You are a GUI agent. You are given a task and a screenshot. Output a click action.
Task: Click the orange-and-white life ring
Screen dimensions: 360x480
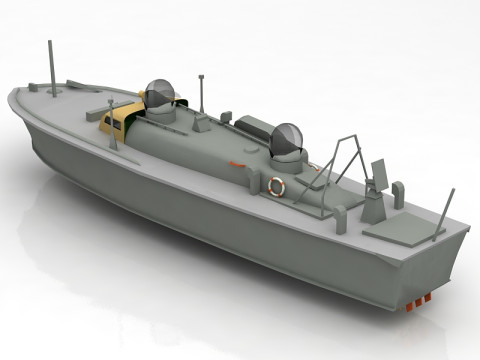277,186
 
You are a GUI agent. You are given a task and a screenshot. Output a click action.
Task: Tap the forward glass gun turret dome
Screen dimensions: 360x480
160,94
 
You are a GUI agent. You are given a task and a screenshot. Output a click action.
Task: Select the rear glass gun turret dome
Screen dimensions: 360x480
287,140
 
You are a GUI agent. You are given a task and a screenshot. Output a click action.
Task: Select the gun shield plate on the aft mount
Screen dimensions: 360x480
380,172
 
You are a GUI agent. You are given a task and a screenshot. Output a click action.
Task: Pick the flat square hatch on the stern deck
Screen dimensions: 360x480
403,231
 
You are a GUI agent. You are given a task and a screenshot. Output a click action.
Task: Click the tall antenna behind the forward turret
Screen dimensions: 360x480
202,91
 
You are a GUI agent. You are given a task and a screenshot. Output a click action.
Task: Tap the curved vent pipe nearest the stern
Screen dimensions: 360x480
398,192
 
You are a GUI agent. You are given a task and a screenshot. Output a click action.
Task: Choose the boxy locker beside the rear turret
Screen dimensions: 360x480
252,127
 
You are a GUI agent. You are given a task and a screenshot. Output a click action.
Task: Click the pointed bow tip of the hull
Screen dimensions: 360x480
13,97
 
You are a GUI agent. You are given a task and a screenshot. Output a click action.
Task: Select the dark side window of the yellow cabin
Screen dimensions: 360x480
108,126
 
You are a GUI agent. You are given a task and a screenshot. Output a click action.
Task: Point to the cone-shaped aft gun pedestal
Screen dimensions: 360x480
373,208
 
